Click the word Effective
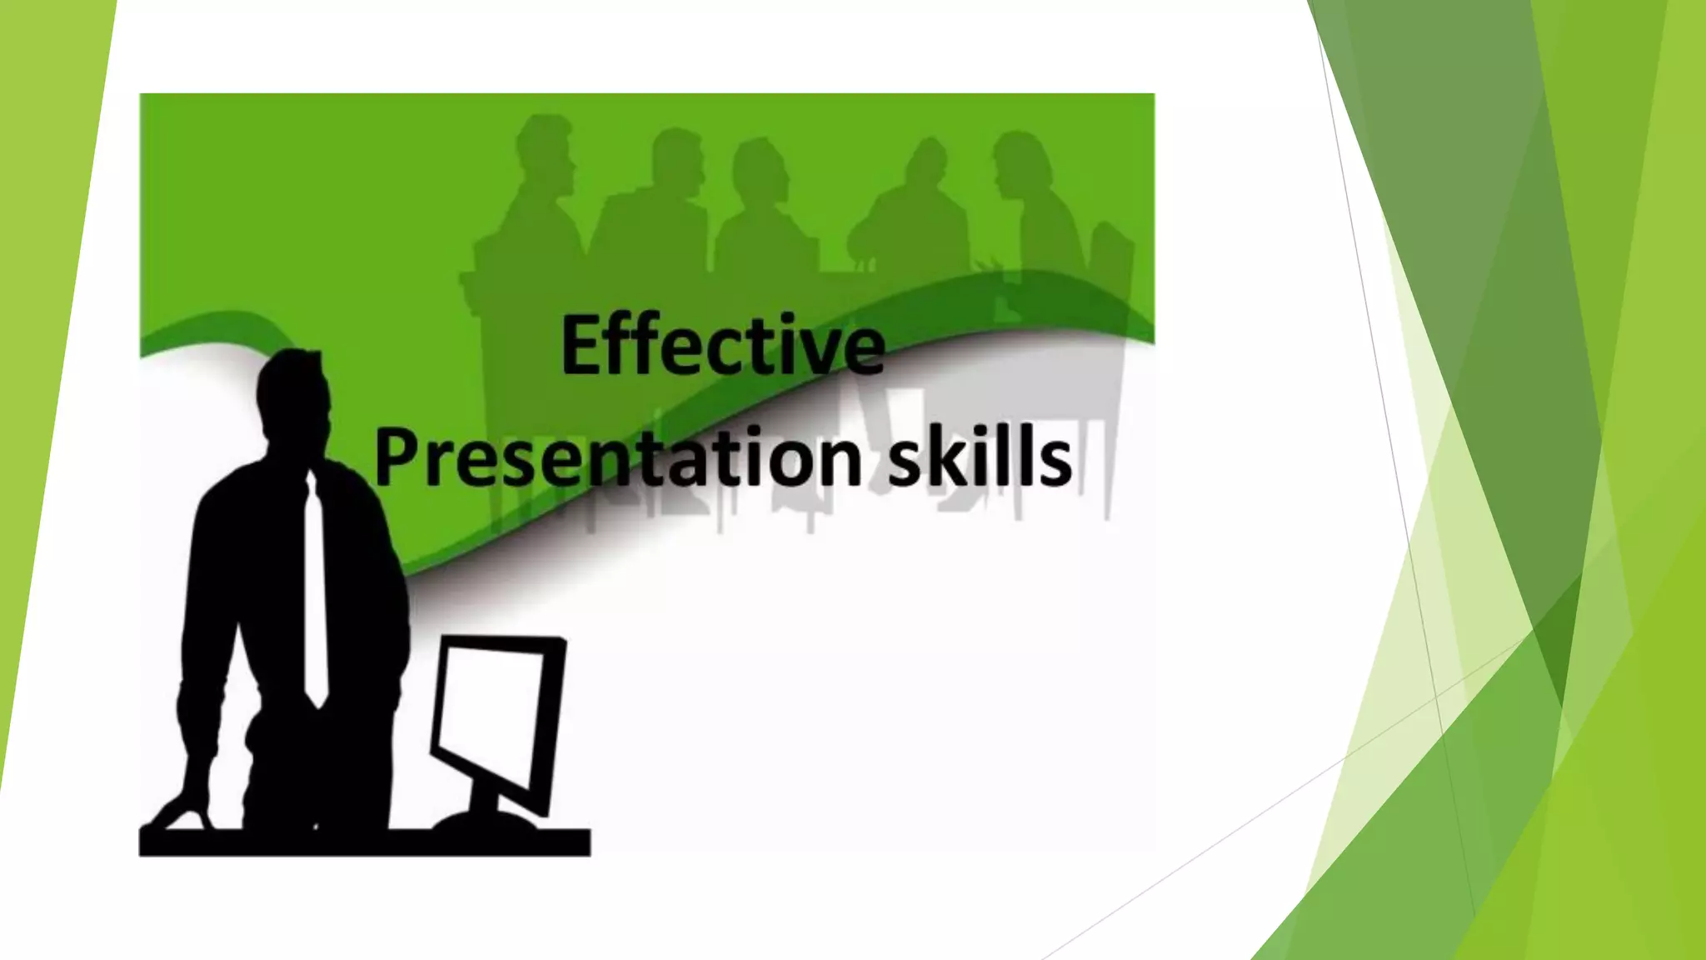click(722, 346)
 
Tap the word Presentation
click(617, 457)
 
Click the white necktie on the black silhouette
click(314, 592)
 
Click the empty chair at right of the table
click(1112, 267)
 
